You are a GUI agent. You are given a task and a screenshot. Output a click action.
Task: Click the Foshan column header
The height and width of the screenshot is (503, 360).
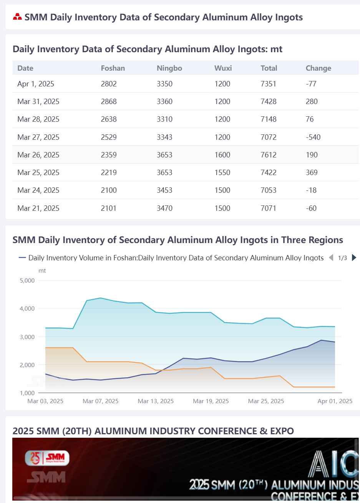113,68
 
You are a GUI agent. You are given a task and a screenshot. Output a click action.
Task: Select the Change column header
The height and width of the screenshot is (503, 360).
319,68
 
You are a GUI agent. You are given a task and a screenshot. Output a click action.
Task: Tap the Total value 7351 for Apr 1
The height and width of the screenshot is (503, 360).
268,84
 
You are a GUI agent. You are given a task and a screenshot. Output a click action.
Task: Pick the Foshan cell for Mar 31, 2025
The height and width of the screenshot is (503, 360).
109,101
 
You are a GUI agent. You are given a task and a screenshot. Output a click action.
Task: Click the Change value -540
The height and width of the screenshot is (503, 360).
313,137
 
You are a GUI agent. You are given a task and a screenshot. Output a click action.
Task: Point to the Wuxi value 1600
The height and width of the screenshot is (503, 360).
222,155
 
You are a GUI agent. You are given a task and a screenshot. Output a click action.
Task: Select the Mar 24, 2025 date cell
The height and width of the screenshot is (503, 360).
38,190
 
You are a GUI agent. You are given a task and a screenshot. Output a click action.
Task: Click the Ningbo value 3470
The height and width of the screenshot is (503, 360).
164,208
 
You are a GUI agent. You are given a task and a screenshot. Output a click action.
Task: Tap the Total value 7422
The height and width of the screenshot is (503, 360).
268,173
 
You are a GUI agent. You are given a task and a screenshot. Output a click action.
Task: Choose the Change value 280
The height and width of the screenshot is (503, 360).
312,101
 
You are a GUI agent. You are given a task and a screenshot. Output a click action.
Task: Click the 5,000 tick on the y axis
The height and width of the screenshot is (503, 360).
27,280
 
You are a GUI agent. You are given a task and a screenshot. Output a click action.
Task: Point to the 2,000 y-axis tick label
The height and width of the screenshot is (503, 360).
27,365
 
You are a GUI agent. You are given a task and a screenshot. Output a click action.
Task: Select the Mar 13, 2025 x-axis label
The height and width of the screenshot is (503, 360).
156,401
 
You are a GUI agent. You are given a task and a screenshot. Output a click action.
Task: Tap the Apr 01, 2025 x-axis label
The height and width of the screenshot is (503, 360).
335,401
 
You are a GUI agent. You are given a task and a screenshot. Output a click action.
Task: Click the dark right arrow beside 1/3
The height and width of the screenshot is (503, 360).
354,258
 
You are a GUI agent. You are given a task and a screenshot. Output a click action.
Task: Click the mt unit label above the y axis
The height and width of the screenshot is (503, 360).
42,271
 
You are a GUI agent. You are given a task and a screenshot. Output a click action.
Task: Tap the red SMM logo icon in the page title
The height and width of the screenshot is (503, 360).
17,17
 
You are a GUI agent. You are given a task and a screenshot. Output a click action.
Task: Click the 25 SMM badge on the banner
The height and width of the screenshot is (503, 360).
47,458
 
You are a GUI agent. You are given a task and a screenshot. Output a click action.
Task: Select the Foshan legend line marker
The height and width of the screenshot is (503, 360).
22,258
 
